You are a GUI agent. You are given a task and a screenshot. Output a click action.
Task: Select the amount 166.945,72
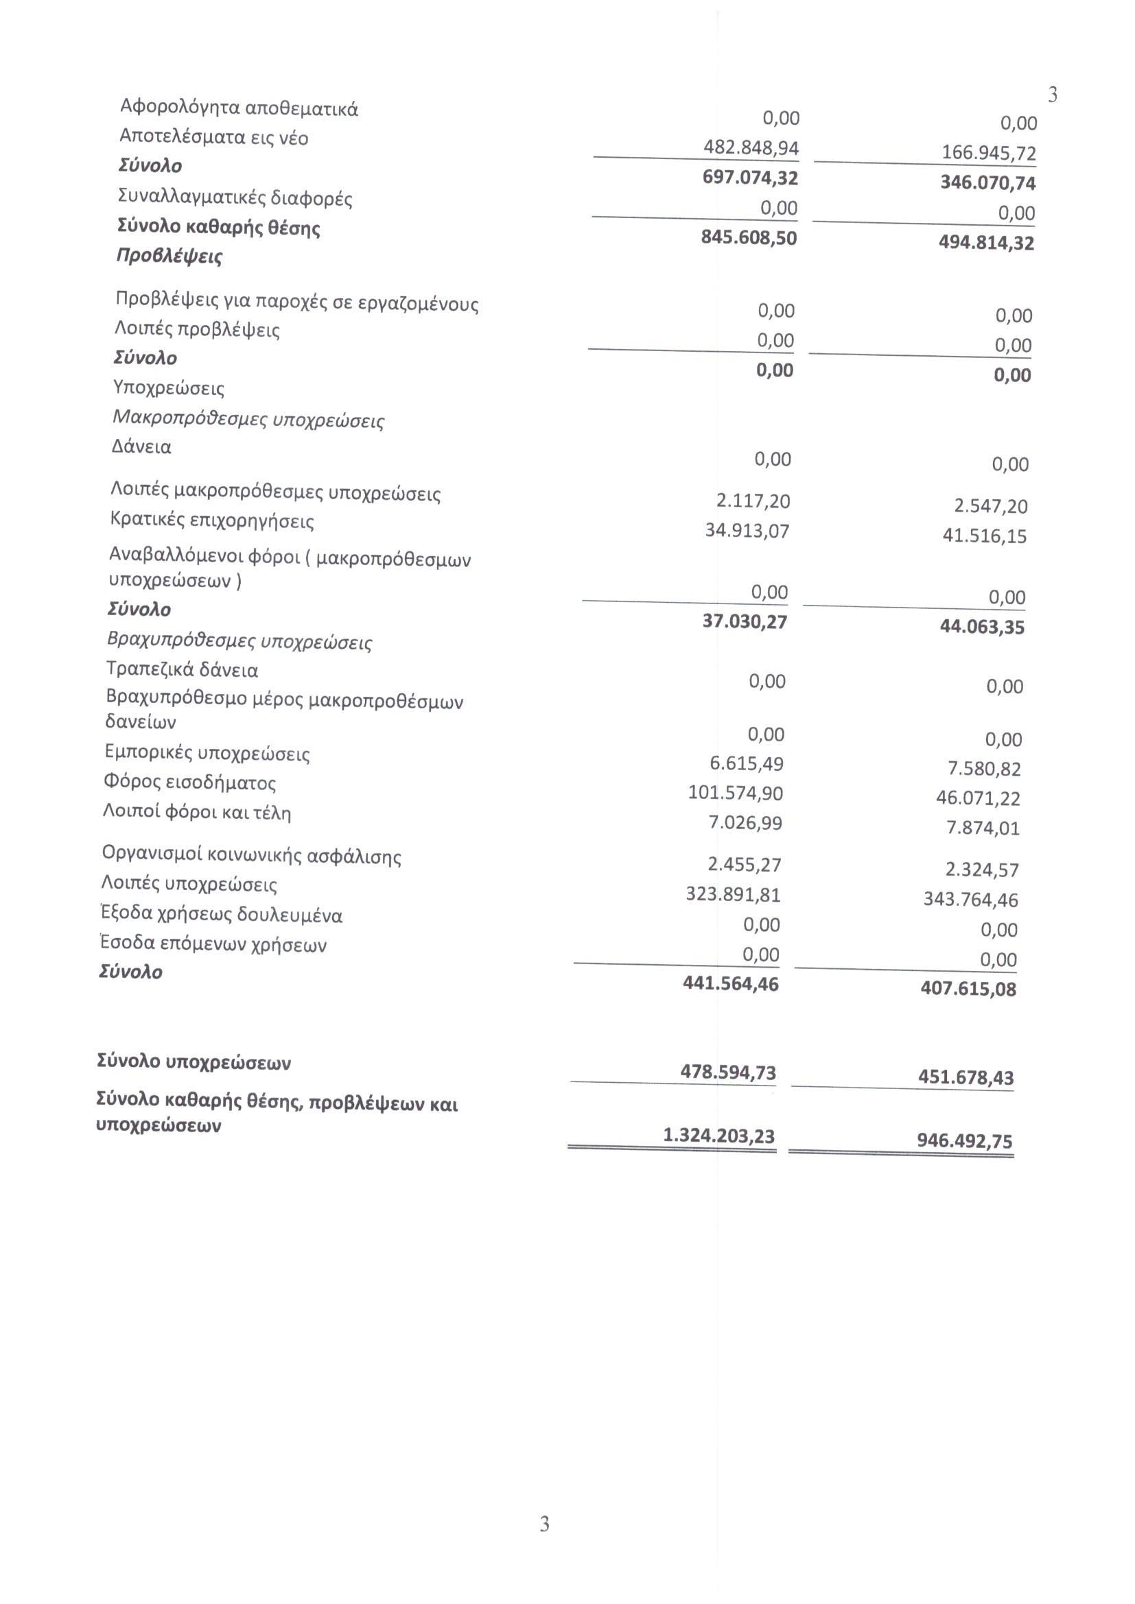click(x=988, y=153)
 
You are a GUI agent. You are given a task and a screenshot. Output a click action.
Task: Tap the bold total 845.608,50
click(x=749, y=237)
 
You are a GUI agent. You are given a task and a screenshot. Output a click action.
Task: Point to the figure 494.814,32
click(x=986, y=243)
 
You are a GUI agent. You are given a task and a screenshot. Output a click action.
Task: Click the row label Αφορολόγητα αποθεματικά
click(x=239, y=108)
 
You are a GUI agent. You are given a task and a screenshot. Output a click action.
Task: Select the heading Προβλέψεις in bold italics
click(x=169, y=256)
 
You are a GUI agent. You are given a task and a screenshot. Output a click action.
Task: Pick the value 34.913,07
click(x=747, y=531)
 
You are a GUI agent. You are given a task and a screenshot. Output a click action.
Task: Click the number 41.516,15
click(x=984, y=536)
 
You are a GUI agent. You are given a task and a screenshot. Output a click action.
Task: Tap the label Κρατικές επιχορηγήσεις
click(x=213, y=521)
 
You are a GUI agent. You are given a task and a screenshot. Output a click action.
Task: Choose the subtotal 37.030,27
click(x=745, y=621)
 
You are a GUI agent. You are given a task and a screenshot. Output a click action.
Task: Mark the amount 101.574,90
click(x=735, y=793)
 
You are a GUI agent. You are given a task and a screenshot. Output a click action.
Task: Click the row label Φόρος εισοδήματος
click(x=189, y=782)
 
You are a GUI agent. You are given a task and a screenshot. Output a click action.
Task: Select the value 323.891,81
click(x=733, y=895)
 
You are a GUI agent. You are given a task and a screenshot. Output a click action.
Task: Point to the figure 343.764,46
click(x=971, y=900)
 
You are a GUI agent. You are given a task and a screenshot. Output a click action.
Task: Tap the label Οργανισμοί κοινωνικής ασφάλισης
click(x=252, y=856)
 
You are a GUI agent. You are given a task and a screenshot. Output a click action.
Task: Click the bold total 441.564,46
click(x=730, y=983)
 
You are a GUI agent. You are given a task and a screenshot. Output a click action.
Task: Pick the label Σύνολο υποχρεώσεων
click(x=194, y=1062)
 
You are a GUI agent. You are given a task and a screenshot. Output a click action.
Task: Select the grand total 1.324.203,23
click(x=718, y=1136)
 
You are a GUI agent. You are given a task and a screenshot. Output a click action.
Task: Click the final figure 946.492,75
click(x=964, y=1142)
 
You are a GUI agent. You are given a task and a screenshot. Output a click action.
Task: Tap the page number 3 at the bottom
click(x=544, y=1543)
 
